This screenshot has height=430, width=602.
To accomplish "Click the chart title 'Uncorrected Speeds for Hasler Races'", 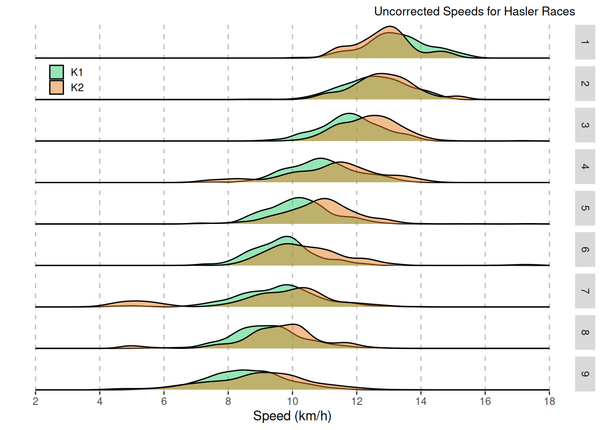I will click(x=474, y=12).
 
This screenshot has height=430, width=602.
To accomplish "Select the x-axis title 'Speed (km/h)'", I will click(x=292, y=416).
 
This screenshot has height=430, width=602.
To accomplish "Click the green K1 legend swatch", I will click(x=56, y=72).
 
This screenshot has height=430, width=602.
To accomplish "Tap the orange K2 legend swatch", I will click(x=56, y=87).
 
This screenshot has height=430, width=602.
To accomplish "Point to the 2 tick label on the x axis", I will click(x=35, y=401).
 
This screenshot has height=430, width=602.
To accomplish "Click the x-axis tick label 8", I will click(x=228, y=401).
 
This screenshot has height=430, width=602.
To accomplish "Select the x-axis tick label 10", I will click(x=292, y=401).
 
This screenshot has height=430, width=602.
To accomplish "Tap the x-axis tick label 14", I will click(x=421, y=401).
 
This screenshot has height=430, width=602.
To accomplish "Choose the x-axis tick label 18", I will click(x=549, y=401).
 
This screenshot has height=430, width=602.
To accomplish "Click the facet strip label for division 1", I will click(x=585, y=42).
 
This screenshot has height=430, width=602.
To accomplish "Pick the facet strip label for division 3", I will click(x=585, y=125).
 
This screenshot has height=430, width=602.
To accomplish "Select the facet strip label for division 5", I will click(x=585, y=208).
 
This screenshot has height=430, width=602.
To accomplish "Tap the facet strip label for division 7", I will click(x=585, y=291).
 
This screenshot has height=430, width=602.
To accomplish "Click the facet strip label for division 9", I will click(x=585, y=374).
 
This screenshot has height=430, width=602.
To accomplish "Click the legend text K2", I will click(x=77, y=88).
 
